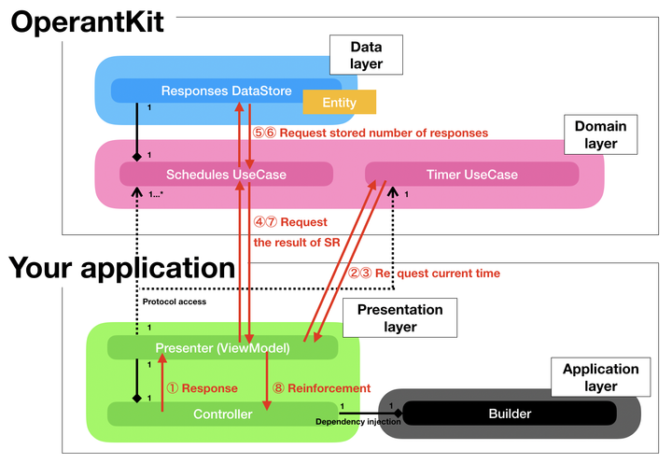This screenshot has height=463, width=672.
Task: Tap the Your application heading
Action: pyautogui.click(x=121, y=268)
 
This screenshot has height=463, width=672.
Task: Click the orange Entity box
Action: pyautogui.click(x=339, y=102)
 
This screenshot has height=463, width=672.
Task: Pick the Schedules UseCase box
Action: pyautogui.click(x=226, y=175)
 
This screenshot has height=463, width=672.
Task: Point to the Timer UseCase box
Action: pyautogui.click(x=471, y=175)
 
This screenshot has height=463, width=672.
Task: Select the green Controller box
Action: pyautogui.click(x=221, y=414)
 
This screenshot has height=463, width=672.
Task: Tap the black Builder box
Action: pyautogui.click(x=510, y=414)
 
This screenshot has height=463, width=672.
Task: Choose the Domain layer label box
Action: pyautogui.click(x=600, y=134)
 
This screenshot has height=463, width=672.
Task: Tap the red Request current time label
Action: pyautogui.click(x=424, y=274)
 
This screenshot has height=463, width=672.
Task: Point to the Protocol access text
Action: pyautogui.click(x=174, y=302)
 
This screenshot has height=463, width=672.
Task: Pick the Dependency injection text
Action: pyautogui.click(x=358, y=422)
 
